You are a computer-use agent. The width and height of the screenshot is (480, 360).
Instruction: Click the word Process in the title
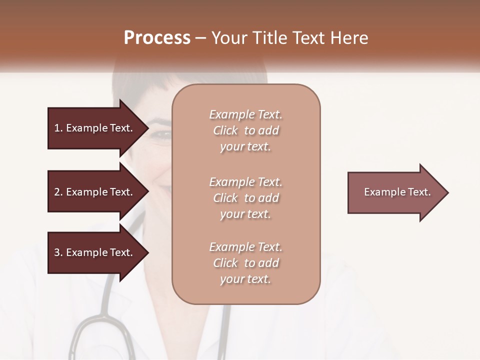point(157,38)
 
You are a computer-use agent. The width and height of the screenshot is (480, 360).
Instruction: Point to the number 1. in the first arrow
point(58,128)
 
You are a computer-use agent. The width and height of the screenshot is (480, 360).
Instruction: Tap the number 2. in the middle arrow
point(58,192)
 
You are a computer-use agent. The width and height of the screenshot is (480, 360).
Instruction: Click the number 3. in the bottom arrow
point(58,252)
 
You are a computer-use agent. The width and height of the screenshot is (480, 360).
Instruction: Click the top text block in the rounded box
point(245,130)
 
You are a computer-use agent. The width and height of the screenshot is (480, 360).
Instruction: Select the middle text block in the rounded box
point(245,198)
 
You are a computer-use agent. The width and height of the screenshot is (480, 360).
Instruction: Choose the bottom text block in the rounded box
point(245,263)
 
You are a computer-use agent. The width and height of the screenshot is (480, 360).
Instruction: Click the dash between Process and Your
point(201,38)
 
